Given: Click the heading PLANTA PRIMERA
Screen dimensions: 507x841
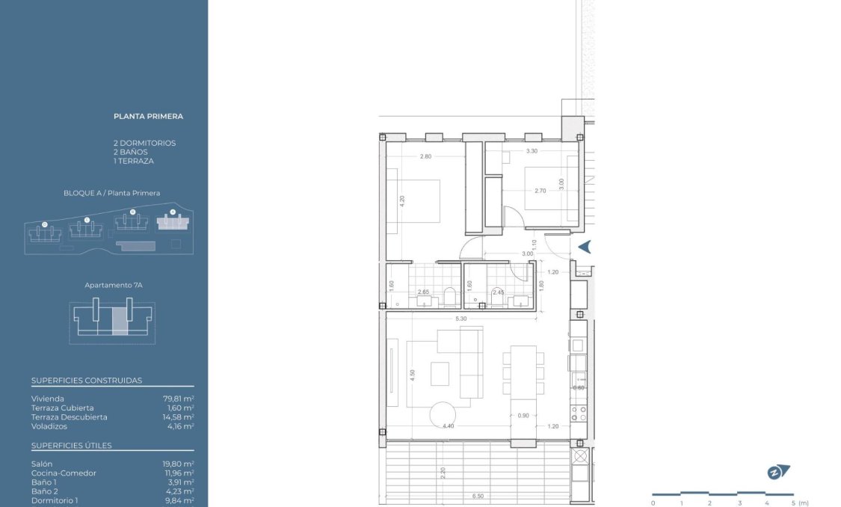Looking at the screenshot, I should click(148, 117).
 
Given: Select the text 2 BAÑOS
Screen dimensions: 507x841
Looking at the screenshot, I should click(131, 152).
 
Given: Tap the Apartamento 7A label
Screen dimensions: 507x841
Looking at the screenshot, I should click(113, 286).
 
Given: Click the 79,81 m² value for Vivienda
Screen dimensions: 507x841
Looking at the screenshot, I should click(179, 399).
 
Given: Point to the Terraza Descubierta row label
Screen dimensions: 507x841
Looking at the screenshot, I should click(69, 417).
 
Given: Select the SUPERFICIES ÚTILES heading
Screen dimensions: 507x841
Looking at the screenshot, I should click(72, 446).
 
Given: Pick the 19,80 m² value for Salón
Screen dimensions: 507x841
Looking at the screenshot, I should click(179, 464).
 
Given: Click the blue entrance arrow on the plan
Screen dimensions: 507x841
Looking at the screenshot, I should click(585, 247).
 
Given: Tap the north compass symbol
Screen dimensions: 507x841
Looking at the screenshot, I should click(778, 472).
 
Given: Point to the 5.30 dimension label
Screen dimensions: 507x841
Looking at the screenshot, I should click(461, 319).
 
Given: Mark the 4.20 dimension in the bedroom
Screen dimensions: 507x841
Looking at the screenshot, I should click(401, 200).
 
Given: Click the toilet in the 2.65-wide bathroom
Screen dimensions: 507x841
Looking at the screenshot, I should click(449, 298).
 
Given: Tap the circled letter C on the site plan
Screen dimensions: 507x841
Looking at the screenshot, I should click(87, 220).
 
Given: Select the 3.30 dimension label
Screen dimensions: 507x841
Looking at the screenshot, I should click(532, 151).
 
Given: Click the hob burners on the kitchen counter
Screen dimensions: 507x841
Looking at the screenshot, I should click(578, 411).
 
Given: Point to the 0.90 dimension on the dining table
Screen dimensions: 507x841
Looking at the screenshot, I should click(523, 416).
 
